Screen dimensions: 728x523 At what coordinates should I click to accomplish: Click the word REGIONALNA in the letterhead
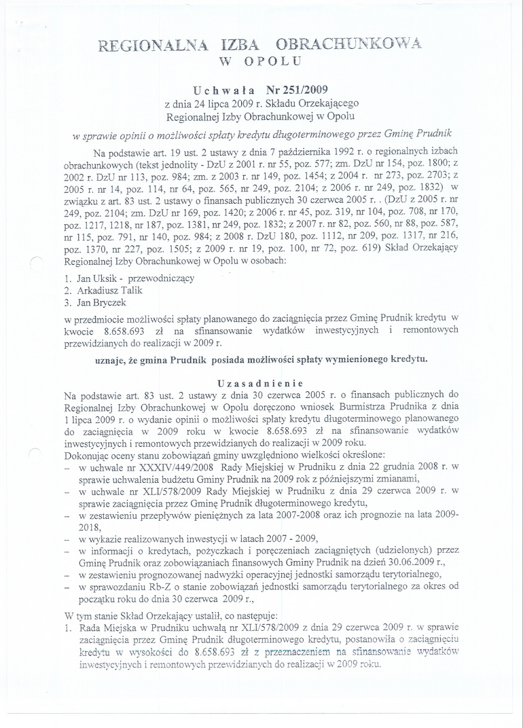(144, 45)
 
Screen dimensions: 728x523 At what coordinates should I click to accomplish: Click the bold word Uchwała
(224, 90)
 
